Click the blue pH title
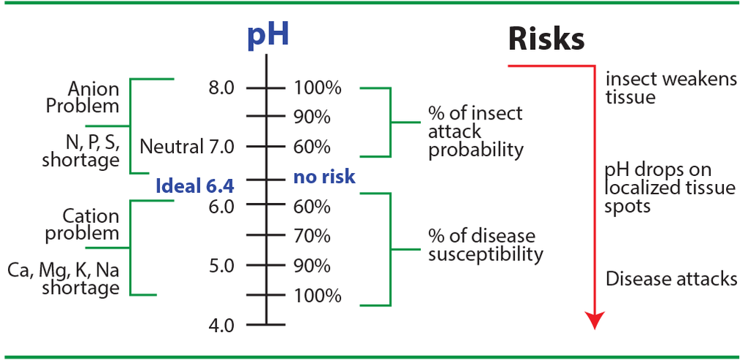267,34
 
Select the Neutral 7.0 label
187,147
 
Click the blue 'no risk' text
324,177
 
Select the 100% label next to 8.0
318,89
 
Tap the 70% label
312,236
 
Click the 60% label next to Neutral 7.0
312,147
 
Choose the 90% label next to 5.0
312,265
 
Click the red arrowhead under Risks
595,320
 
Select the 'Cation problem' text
91,225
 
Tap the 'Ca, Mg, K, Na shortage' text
64,279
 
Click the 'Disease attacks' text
671,279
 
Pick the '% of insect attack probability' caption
476,132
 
